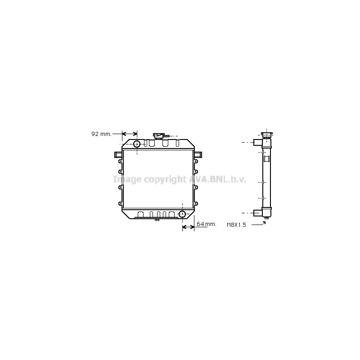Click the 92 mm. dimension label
(101, 134)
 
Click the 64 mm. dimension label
(207, 224)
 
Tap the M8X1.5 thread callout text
(236, 225)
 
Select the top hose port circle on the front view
(137, 144)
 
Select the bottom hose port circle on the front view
(182, 214)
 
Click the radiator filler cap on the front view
(159, 136)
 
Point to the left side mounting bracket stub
(118, 154)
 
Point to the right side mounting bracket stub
(198, 154)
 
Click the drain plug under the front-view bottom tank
(157, 220)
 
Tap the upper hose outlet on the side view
(257, 142)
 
